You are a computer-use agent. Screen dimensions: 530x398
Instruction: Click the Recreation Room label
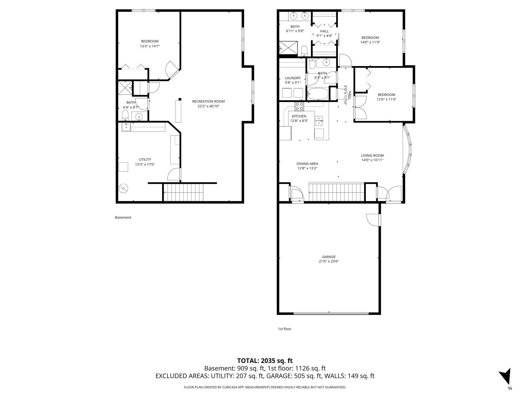(x=208, y=101)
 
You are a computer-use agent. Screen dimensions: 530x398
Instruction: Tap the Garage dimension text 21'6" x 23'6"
(x=329, y=261)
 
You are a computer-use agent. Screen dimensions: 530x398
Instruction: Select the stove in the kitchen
(x=299, y=106)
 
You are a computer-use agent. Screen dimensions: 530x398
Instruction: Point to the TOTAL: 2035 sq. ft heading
(x=265, y=360)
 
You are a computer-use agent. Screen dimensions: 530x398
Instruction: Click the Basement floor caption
(x=123, y=217)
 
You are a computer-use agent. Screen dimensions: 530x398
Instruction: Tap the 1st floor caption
(x=285, y=329)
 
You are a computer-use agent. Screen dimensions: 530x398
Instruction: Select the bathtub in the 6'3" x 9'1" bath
(x=317, y=94)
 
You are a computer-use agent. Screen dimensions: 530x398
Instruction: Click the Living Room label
(x=372, y=155)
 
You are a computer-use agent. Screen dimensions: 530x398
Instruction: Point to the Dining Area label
(x=307, y=164)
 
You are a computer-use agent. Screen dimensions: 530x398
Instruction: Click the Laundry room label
(x=293, y=78)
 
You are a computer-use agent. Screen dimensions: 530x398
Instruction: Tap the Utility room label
(x=145, y=159)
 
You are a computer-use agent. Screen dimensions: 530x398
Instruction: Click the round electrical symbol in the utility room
(x=123, y=189)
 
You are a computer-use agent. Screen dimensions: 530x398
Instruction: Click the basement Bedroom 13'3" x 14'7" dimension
(x=150, y=46)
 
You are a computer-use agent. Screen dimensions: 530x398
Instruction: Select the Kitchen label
(x=299, y=116)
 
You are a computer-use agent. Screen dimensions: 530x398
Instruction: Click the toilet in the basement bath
(x=125, y=116)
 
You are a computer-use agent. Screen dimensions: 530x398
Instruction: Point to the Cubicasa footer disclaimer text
(x=265, y=387)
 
